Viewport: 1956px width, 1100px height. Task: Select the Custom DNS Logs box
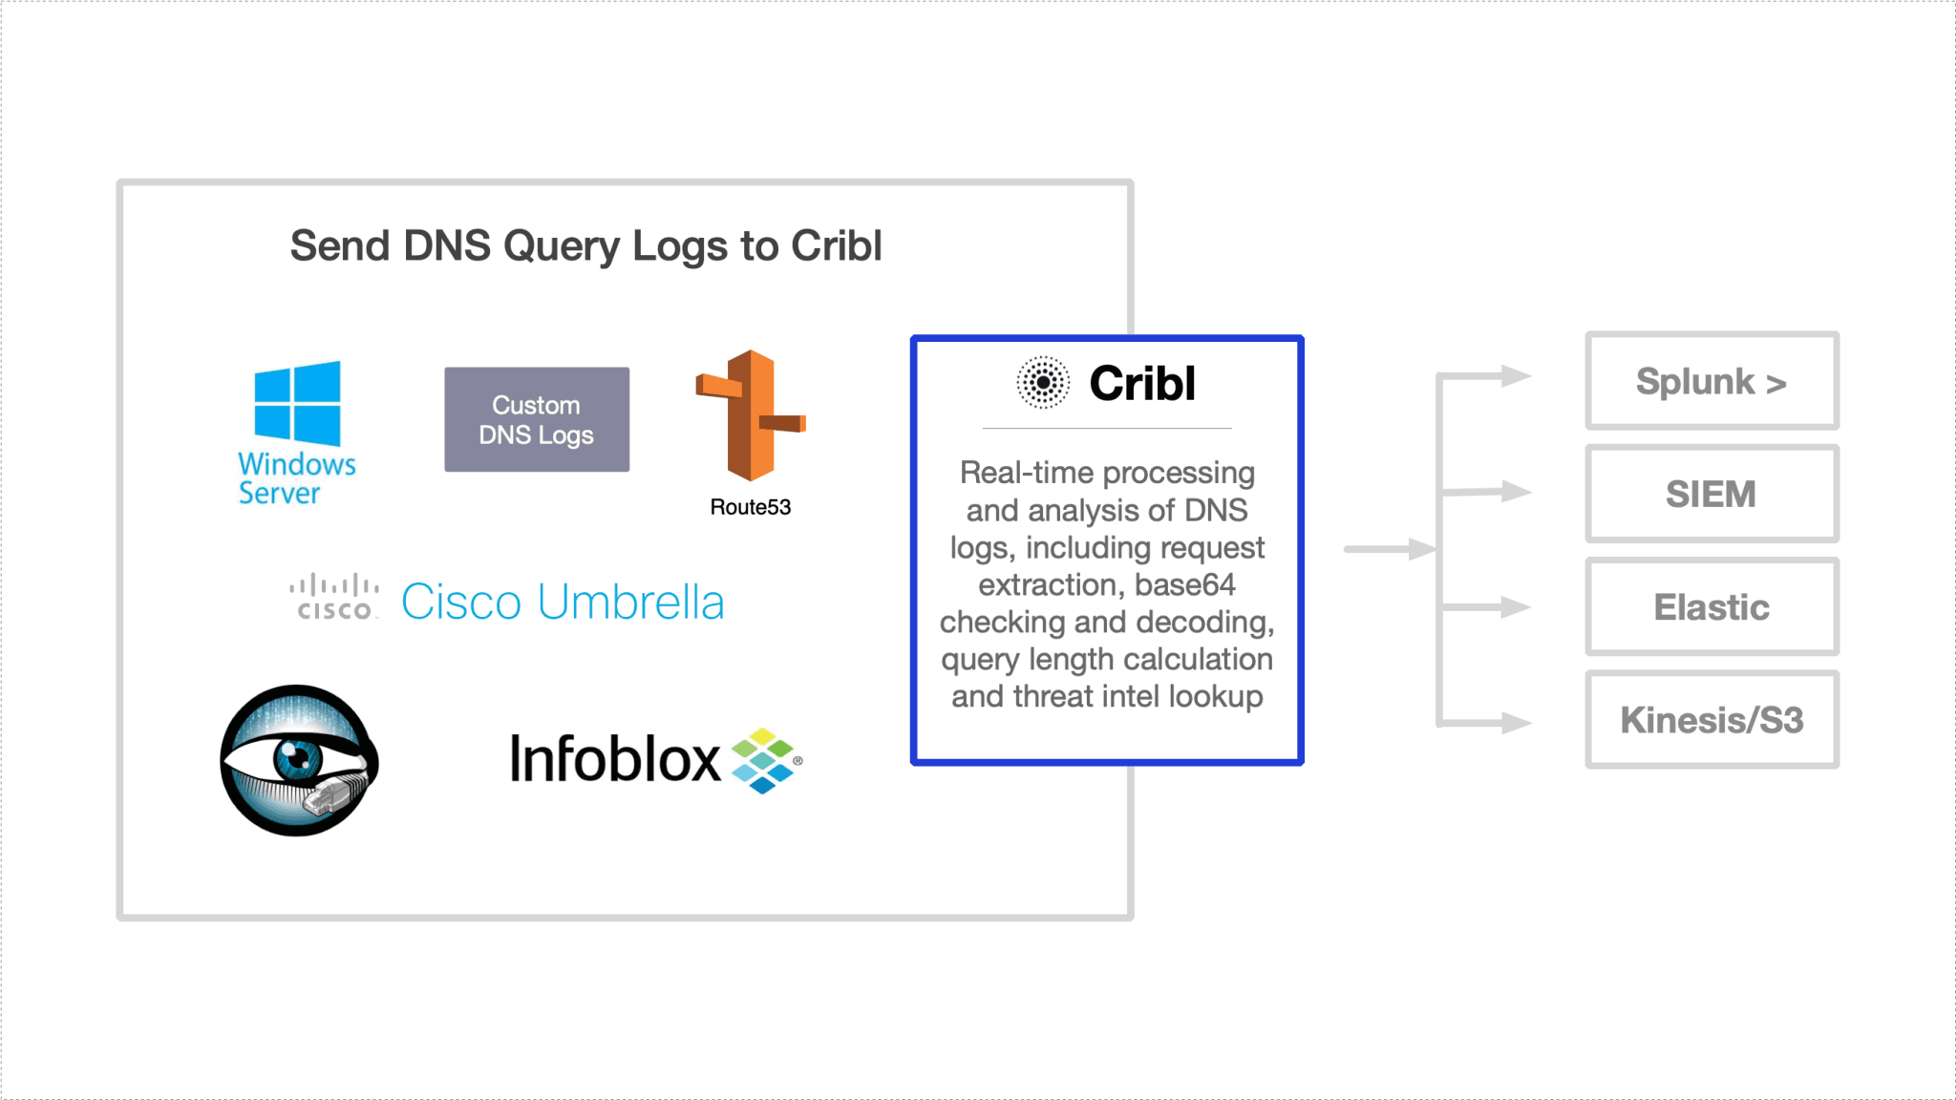[x=537, y=419]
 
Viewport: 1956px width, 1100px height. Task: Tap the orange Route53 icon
[x=752, y=415]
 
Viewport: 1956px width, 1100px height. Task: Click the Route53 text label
[x=751, y=507]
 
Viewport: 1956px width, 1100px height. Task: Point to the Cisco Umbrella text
[x=563, y=603]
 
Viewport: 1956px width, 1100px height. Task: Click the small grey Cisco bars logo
[x=334, y=597]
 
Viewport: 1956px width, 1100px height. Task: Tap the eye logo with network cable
[x=299, y=760]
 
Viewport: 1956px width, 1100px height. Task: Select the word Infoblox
[x=615, y=759]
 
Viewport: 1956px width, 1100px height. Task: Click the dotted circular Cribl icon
[x=1043, y=383]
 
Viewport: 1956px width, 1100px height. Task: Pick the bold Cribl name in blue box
[x=1142, y=384]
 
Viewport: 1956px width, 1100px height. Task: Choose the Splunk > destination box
[x=1711, y=381]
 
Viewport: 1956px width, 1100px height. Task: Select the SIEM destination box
[x=1711, y=494]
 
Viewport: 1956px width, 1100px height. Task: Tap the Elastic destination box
[x=1711, y=607]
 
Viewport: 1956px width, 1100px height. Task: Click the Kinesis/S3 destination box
[x=1711, y=720]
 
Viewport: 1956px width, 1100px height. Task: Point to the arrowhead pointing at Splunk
[x=1516, y=376]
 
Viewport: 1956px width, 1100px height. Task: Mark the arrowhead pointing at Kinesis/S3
[x=1516, y=723]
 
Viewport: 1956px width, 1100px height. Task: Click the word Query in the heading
[x=563, y=246]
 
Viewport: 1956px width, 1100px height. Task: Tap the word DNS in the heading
[x=447, y=245]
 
